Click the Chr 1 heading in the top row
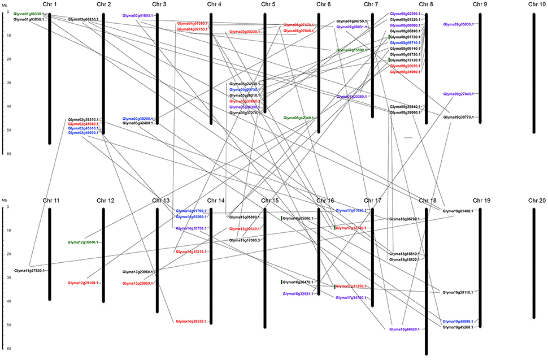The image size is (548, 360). point(50,5)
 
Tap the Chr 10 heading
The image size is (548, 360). point(534,5)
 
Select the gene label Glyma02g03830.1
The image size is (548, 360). point(83,19)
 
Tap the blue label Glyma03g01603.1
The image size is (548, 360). point(138,16)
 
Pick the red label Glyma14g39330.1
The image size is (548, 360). point(192,321)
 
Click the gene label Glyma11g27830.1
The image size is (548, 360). point(29,271)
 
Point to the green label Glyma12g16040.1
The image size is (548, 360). point(83,242)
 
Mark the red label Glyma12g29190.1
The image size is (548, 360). point(83,283)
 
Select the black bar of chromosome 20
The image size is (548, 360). point(534,263)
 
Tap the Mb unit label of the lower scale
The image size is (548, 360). point(5,200)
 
